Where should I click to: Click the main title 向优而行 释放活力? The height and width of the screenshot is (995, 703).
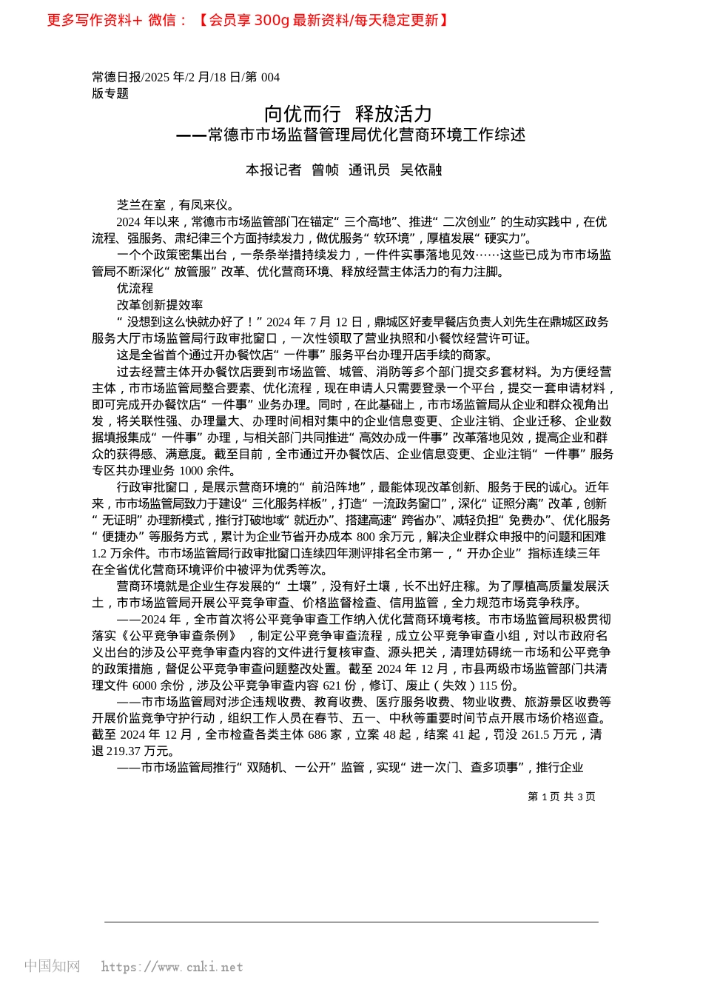point(348,114)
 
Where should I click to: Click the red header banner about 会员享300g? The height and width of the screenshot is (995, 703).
point(248,20)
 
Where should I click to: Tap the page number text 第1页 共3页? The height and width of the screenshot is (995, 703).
point(562,797)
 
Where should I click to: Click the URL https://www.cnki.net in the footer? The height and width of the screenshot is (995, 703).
point(172,967)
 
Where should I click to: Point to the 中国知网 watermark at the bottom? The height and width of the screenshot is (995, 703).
point(52,966)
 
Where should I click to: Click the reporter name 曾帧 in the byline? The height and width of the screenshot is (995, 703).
point(325,170)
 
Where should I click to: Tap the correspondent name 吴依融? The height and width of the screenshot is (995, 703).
point(421,170)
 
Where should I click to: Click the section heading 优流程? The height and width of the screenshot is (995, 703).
point(135,288)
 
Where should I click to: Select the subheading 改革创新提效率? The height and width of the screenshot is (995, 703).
point(159,304)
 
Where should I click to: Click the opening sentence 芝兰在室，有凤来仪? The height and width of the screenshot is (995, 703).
point(175,205)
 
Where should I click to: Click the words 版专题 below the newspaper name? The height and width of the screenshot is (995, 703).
point(110,93)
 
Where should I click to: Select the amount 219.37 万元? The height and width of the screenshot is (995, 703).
point(124,751)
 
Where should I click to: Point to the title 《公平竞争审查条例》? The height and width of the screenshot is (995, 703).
point(181,636)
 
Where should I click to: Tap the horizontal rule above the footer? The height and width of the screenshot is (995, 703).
point(351,922)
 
